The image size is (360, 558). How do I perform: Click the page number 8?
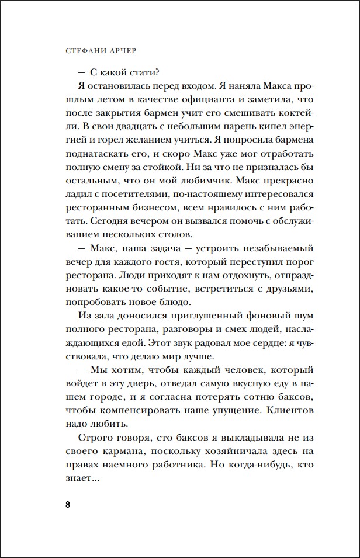(68, 504)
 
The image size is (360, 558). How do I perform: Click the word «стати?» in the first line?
(144, 72)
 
